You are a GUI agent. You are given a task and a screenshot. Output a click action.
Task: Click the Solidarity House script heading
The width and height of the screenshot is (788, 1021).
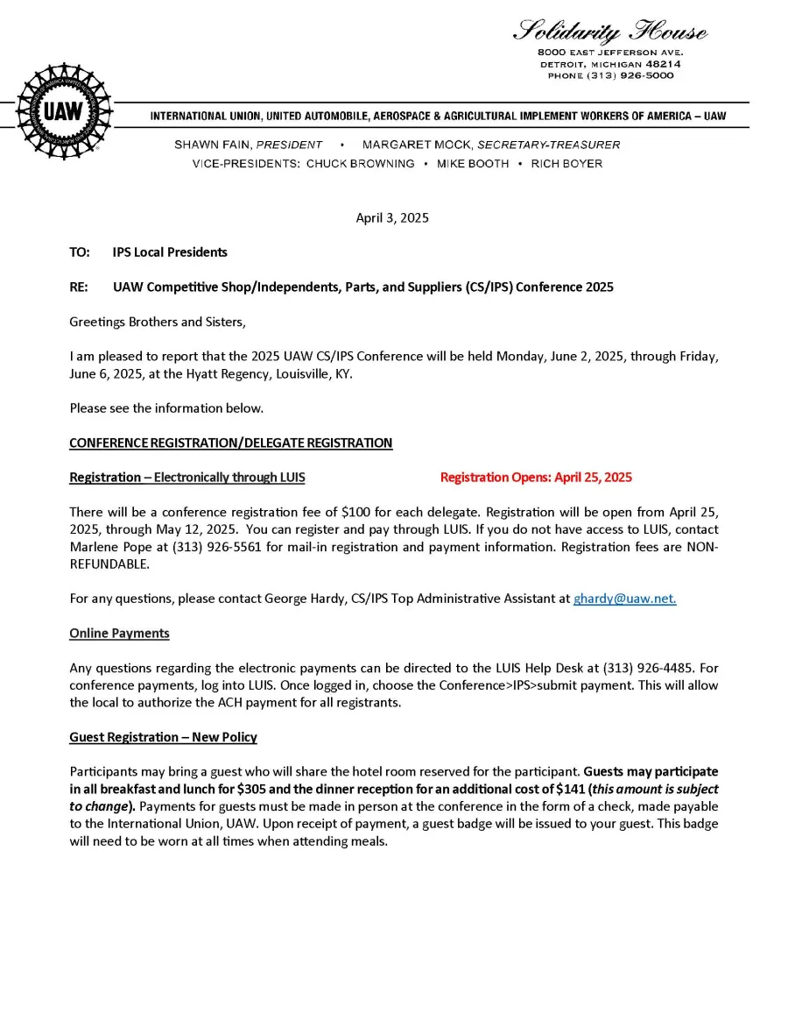(610, 32)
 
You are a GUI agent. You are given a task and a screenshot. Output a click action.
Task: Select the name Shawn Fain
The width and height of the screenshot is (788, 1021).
(212, 145)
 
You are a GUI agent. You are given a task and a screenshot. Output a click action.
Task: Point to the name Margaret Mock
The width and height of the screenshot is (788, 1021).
(417, 145)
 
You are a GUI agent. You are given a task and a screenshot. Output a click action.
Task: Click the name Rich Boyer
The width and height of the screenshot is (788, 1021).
(566, 164)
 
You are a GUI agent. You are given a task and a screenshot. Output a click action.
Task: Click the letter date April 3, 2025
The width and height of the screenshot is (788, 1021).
(392, 218)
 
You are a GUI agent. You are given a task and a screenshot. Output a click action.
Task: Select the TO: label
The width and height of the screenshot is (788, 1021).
(80, 252)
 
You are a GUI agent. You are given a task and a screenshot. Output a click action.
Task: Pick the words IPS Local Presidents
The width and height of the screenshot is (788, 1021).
(170, 252)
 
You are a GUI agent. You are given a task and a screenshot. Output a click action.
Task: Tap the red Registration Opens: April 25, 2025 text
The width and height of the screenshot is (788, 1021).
(536, 478)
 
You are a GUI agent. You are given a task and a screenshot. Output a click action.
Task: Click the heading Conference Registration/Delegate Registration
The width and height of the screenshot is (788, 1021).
(231, 443)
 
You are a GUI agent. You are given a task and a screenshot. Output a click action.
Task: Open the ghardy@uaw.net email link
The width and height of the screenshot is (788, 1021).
(624, 599)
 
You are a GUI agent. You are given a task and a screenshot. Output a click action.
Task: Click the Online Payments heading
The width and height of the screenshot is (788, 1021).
(119, 634)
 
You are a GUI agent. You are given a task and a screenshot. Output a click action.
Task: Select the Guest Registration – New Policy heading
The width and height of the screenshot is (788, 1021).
(163, 737)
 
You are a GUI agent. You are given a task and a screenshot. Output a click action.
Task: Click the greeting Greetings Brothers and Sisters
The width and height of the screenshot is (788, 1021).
(158, 322)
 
